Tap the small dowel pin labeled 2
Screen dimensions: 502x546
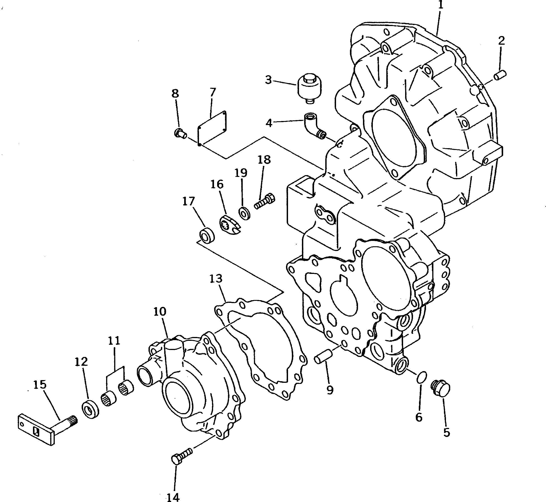[500, 75]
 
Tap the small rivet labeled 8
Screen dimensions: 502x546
[180, 133]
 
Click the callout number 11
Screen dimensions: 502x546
[114, 341]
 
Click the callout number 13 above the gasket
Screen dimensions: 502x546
[216, 279]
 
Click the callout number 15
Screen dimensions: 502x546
[40, 385]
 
